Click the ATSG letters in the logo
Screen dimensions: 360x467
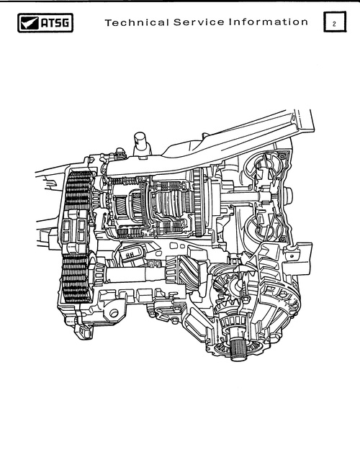click(x=55, y=23)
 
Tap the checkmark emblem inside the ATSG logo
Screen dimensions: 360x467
click(x=30, y=23)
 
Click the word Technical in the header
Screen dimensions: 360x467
click(x=137, y=22)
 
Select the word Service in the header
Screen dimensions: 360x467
click(x=199, y=22)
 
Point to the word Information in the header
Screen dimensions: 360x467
click(x=269, y=22)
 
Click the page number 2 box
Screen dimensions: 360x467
click(x=335, y=22)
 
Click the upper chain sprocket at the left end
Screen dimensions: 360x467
click(x=78, y=191)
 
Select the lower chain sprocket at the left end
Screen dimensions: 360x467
click(x=76, y=278)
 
